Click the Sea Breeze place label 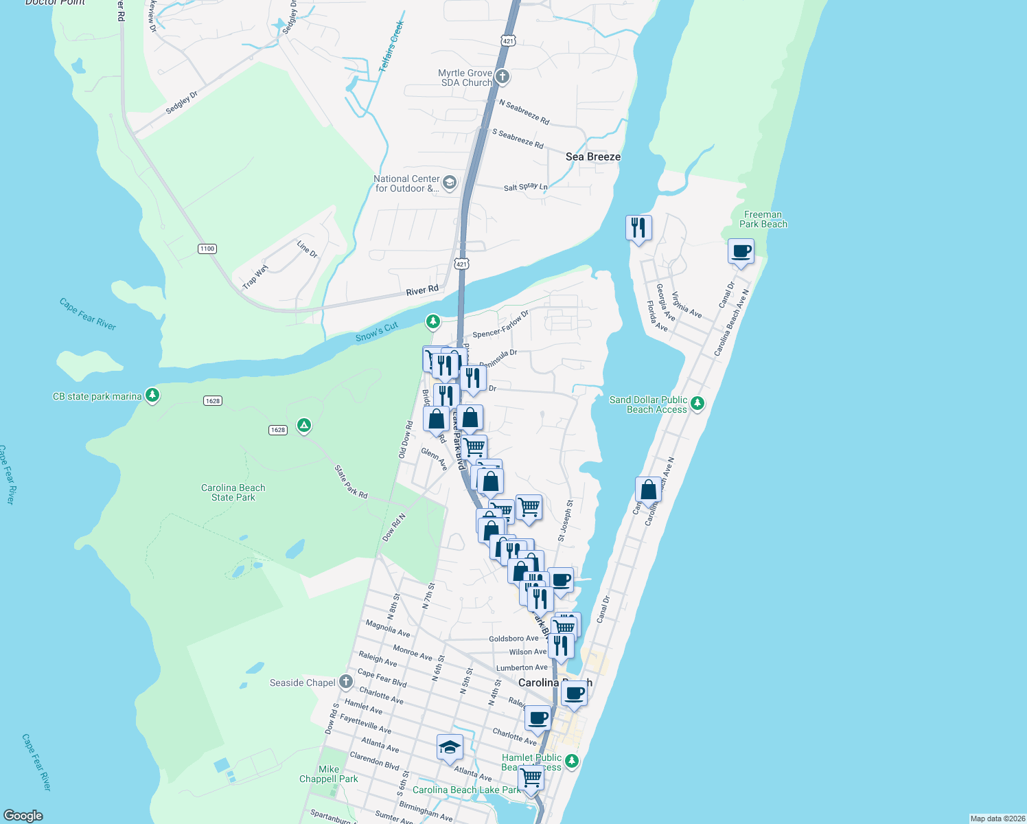pyautogui.click(x=592, y=157)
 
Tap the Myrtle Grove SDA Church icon pyautogui.click(x=503, y=77)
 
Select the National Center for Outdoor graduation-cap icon pyautogui.click(x=450, y=183)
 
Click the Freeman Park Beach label pyautogui.click(x=763, y=220)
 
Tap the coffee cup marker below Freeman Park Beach pyautogui.click(x=741, y=251)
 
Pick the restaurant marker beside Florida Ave pyautogui.click(x=638, y=227)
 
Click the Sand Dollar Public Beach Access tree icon pyautogui.click(x=697, y=404)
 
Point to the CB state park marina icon pyautogui.click(x=152, y=396)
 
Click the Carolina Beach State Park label pyautogui.click(x=233, y=492)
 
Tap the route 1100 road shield pyautogui.click(x=207, y=249)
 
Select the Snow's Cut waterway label pyautogui.click(x=377, y=332)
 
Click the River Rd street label pyautogui.click(x=422, y=290)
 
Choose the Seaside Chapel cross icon pyautogui.click(x=346, y=682)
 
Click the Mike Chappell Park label pyautogui.click(x=329, y=774)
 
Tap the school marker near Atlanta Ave pyautogui.click(x=450, y=747)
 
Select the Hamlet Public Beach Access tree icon pyautogui.click(x=571, y=761)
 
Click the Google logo pyautogui.click(x=23, y=816)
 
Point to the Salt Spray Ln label pyautogui.click(x=525, y=187)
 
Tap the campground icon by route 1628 pyautogui.click(x=304, y=426)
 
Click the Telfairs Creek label pyautogui.click(x=392, y=47)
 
